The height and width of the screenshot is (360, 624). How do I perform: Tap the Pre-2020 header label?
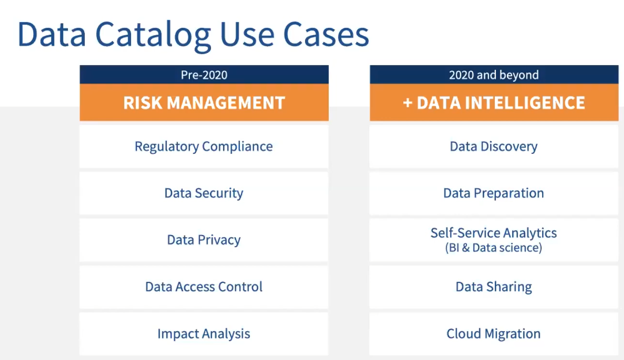(204, 75)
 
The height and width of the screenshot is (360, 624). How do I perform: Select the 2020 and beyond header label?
(494, 75)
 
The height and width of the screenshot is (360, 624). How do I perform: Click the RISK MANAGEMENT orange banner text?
(204, 103)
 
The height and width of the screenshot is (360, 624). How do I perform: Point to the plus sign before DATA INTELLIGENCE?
(408, 103)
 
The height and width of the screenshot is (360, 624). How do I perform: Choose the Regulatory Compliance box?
(204, 147)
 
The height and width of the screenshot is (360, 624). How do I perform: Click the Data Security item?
(204, 193)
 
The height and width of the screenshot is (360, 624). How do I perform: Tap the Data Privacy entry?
(204, 240)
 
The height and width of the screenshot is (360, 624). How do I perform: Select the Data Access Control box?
(204, 287)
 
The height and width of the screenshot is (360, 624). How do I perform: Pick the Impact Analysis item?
(204, 334)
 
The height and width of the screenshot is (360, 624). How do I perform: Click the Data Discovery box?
(494, 147)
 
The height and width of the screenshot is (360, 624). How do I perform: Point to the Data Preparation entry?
(494, 193)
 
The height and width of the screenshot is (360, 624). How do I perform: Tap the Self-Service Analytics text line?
(493, 233)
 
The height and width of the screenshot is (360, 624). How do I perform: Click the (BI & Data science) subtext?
(493, 248)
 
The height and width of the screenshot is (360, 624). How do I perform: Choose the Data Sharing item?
(494, 287)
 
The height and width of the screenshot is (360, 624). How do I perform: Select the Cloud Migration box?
(494, 334)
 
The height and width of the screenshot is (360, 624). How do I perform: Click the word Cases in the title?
(326, 34)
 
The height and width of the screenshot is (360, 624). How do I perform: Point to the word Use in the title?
(247, 34)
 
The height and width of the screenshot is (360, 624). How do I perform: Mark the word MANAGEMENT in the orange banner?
(226, 103)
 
